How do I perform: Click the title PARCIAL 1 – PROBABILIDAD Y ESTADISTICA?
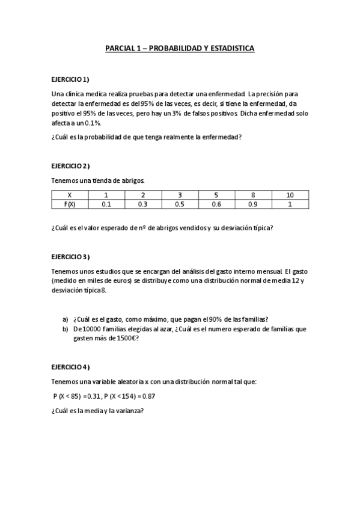[x=180, y=48]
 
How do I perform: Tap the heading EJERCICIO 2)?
[x=70, y=165]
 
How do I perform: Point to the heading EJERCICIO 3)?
[x=70, y=257]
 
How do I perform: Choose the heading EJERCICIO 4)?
[x=70, y=366]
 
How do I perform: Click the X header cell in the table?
[x=70, y=195]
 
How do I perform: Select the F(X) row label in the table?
[x=70, y=204]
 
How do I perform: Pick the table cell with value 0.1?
[x=106, y=204]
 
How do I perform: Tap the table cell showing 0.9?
[x=253, y=204]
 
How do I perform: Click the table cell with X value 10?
[x=290, y=195]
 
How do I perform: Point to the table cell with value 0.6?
[x=216, y=204]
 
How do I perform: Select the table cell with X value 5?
[x=216, y=195]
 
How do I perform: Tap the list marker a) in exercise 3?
[x=66, y=319]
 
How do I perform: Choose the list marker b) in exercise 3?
[x=66, y=329]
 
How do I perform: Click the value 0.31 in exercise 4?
[x=93, y=396]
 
